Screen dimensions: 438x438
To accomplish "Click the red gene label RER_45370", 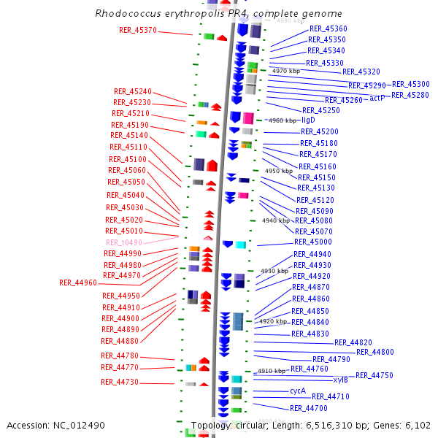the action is pyautogui.click(x=137, y=31).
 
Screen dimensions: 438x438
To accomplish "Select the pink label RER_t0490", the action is pyautogui.click(x=123, y=242).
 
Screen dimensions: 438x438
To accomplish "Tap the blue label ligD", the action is pyautogui.click(x=308, y=120).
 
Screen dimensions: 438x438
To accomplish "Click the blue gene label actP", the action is pyautogui.click(x=377, y=98).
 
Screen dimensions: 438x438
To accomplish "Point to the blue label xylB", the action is pyautogui.click(x=340, y=380).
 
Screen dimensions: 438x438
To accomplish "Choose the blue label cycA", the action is pyautogui.click(x=297, y=391).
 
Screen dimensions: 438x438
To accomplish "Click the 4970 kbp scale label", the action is pyautogui.click(x=285, y=72).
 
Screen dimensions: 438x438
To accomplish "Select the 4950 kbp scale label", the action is pyautogui.click(x=278, y=171).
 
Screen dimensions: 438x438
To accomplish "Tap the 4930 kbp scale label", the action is pyautogui.click(x=274, y=271).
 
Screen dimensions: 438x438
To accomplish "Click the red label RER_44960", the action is pyautogui.click(x=78, y=283).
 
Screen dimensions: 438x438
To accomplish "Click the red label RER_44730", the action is pyautogui.click(x=120, y=383).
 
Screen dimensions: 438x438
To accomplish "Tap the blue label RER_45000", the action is pyautogui.click(x=312, y=242).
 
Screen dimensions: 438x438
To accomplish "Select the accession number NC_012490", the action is pyautogui.click(x=81, y=425).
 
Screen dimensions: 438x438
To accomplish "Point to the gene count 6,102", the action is pyautogui.click(x=417, y=425).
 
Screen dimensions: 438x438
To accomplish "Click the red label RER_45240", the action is pyautogui.click(x=132, y=92).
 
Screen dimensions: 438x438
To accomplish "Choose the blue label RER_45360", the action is pyautogui.click(x=328, y=28).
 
